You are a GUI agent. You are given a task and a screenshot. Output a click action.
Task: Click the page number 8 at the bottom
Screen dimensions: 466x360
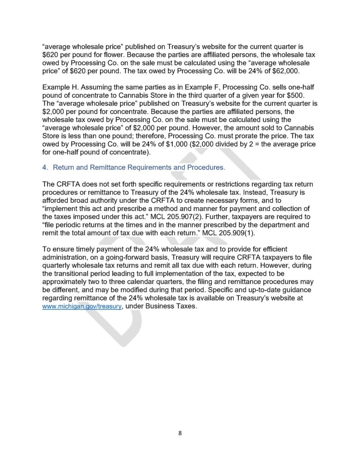point(180,433)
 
